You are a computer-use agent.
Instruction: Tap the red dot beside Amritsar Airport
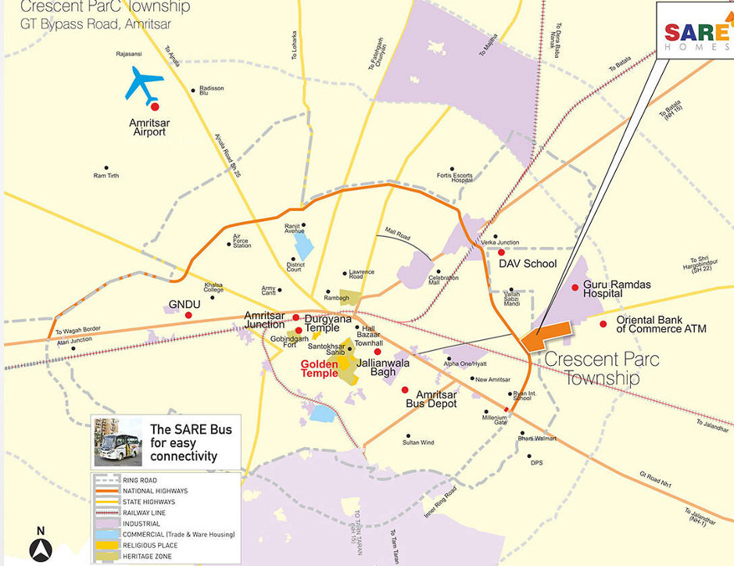click(x=155, y=106)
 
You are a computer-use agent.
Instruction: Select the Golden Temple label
click(x=320, y=369)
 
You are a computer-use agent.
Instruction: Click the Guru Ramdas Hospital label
click(x=616, y=289)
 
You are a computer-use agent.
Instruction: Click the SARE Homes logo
click(x=696, y=36)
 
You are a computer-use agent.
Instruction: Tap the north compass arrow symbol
click(x=41, y=549)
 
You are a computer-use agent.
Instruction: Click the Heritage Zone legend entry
click(x=145, y=557)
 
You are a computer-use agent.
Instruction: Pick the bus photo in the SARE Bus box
click(x=118, y=442)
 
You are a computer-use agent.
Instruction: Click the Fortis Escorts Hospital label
click(x=455, y=177)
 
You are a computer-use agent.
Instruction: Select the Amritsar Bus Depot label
click(x=436, y=399)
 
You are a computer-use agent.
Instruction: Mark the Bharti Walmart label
click(x=537, y=439)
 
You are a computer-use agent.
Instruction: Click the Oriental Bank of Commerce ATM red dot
click(x=603, y=324)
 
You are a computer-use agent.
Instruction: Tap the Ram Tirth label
click(x=106, y=176)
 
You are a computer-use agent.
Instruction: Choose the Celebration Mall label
click(x=442, y=279)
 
